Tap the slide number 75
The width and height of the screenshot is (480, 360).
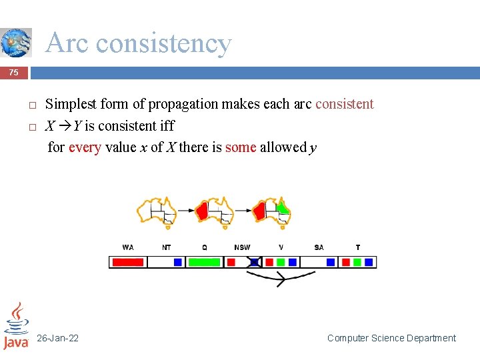14,73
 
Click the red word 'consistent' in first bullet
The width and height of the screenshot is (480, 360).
344,104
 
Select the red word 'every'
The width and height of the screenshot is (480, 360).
85,147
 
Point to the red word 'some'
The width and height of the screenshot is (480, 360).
241,147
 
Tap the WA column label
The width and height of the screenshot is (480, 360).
128,247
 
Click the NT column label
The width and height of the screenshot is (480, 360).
167,247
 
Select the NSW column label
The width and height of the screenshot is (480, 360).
242,247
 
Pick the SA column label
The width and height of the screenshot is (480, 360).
319,247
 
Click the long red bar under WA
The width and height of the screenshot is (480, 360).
127,262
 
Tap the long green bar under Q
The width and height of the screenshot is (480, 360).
204,262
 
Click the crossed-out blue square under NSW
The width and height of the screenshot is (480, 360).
254,262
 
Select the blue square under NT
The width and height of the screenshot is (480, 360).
178,262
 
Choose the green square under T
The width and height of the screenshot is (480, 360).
358,262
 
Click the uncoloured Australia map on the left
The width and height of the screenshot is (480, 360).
157,210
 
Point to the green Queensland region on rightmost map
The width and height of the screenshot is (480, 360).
283,207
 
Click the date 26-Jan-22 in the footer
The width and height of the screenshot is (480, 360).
57,338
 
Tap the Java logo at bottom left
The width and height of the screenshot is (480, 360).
16,326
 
